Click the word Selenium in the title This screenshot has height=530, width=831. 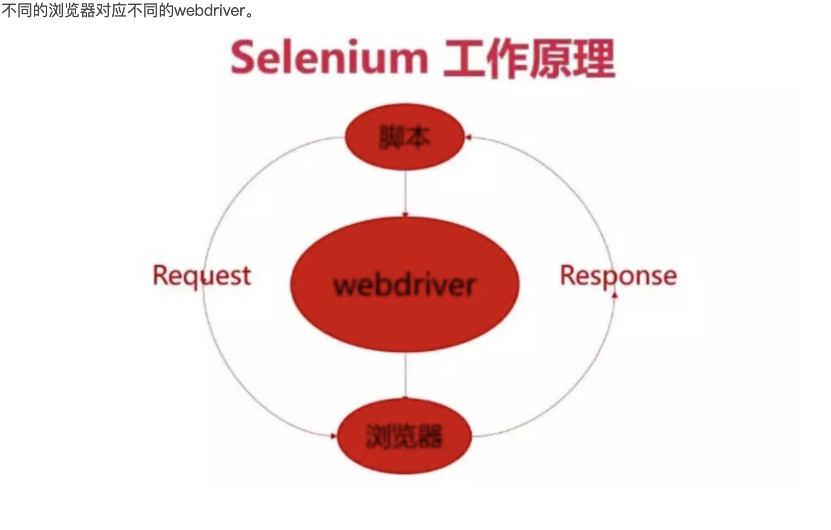[329, 58]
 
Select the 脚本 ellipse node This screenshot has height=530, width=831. [405, 138]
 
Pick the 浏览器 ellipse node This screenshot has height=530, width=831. [404, 436]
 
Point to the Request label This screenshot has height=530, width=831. [201, 275]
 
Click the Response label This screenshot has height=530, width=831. [618, 275]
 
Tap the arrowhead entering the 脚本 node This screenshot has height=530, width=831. [468, 138]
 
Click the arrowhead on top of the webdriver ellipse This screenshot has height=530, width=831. [405, 214]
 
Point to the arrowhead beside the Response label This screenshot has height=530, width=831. [615, 295]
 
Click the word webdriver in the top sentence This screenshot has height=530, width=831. [209, 10]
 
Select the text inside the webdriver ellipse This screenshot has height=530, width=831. [405, 284]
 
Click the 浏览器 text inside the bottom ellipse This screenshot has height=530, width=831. [404, 436]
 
